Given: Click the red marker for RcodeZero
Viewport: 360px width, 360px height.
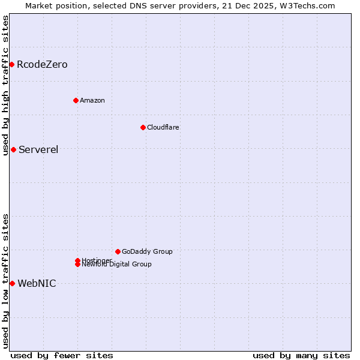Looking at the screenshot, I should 11,64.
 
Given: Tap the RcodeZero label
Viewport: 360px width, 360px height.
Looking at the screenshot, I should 42,65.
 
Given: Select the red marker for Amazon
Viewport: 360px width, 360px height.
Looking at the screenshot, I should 76,100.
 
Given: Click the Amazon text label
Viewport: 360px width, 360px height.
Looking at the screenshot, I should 92,100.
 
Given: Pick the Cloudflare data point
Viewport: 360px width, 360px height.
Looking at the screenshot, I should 143,127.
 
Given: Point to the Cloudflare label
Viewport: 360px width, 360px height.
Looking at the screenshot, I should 163,127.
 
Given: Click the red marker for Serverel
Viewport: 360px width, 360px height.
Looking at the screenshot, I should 13,149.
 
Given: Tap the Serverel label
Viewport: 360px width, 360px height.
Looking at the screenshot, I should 38,150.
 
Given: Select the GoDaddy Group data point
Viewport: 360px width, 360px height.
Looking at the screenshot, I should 118,251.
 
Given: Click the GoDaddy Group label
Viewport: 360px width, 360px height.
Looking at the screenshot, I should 147,251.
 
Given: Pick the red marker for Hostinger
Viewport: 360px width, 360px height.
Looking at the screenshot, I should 77,260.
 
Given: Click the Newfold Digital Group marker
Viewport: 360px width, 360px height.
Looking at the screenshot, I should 78,265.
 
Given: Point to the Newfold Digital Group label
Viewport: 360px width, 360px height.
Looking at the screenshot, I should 117,265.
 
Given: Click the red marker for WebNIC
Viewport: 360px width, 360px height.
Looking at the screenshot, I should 12,283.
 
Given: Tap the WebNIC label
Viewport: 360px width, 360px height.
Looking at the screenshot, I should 37,284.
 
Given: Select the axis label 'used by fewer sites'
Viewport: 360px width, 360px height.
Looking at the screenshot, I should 62,355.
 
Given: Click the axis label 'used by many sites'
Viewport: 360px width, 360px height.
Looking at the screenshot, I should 301,355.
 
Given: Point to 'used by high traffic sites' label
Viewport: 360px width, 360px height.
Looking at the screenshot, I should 6,85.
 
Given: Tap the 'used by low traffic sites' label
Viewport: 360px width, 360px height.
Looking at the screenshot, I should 6,281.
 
